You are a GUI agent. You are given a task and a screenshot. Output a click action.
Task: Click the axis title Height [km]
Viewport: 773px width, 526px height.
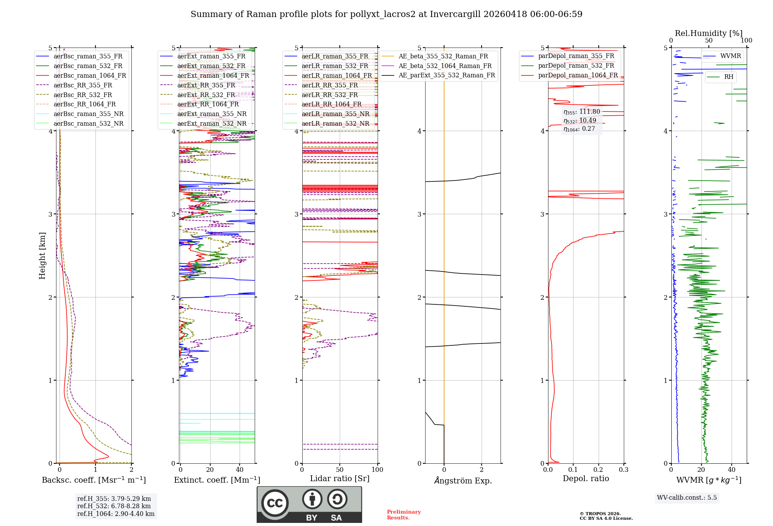(42, 256)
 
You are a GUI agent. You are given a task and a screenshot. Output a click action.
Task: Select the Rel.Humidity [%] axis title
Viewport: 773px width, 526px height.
(708, 33)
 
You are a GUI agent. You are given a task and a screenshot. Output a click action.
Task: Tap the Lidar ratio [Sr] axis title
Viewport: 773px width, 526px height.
(340, 478)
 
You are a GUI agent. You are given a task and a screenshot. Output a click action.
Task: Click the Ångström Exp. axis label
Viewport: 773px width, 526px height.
(463, 480)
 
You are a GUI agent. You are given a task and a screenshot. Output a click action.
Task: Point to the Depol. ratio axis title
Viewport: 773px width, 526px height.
(586, 478)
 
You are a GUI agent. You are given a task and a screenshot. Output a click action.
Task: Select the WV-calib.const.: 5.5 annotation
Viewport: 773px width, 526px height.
(687, 497)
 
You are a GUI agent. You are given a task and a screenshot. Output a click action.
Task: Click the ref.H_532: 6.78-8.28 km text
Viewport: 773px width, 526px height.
(114, 506)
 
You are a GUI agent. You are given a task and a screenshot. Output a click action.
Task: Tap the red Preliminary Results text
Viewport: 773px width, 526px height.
(404, 514)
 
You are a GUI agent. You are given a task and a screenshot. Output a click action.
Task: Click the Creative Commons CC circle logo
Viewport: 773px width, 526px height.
(275, 503)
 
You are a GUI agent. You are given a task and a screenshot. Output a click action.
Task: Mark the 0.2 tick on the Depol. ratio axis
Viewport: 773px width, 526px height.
(598, 470)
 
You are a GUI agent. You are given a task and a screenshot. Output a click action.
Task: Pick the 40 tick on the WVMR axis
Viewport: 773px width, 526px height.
(731, 470)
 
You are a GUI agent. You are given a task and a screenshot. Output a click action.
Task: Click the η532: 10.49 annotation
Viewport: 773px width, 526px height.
(580, 121)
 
